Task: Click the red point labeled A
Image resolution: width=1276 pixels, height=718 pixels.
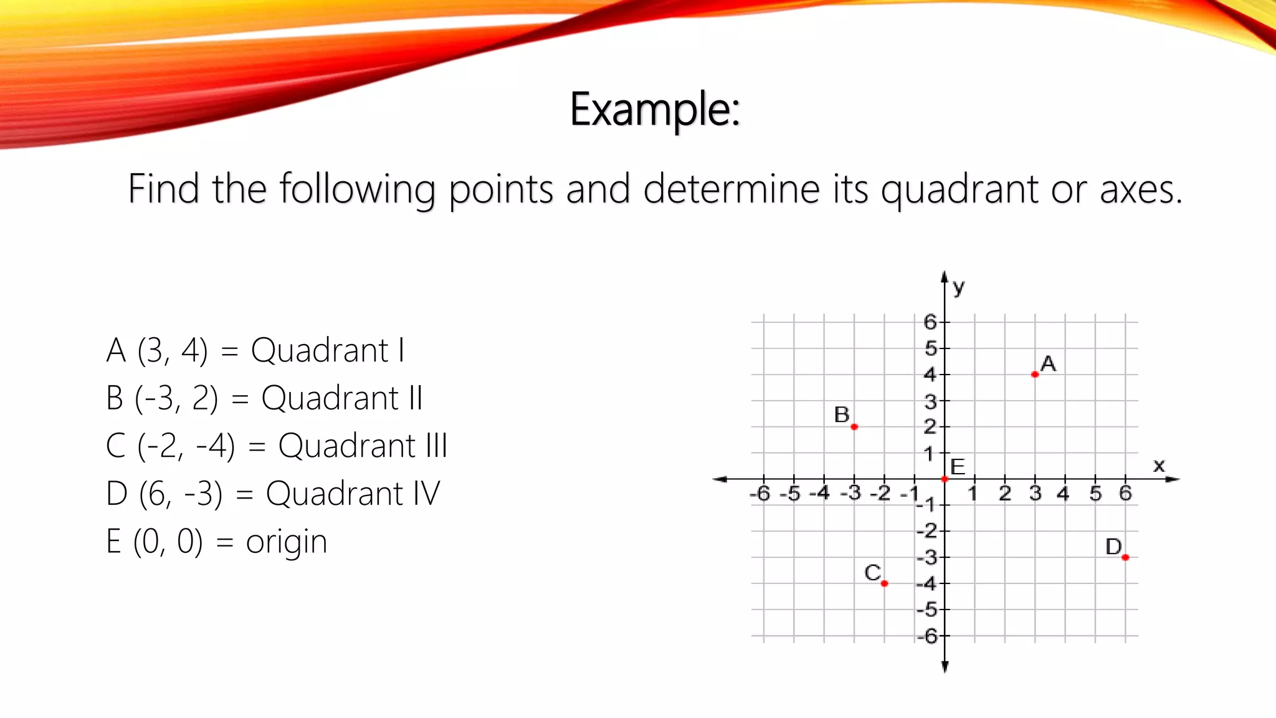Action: pos(1035,375)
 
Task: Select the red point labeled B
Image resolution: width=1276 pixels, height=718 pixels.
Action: pos(854,427)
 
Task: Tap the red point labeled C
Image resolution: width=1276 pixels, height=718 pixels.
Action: pos(885,583)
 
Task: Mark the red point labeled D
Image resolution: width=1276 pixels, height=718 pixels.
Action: pos(1125,557)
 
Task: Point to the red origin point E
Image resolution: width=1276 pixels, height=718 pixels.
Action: pos(945,479)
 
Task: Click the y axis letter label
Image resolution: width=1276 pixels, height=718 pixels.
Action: pos(959,287)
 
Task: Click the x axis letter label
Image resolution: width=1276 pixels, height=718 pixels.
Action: pos(1159,465)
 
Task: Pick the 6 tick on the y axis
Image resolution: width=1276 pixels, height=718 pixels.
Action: pos(930,322)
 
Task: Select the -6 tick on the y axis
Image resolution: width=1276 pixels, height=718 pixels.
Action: pos(928,636)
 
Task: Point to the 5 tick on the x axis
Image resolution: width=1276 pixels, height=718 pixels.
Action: pos(1095,494)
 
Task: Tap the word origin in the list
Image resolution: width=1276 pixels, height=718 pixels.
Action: pos(287,542)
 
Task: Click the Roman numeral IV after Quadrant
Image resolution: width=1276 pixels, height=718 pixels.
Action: pos(427,494)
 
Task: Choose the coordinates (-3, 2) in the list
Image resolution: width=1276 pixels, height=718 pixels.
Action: pos(177,398)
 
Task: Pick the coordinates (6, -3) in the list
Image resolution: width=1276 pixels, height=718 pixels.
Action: pos(181,494)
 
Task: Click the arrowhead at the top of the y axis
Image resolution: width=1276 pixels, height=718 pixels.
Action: pos(945,277)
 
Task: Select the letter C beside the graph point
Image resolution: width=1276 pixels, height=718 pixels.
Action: pos(873,572)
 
